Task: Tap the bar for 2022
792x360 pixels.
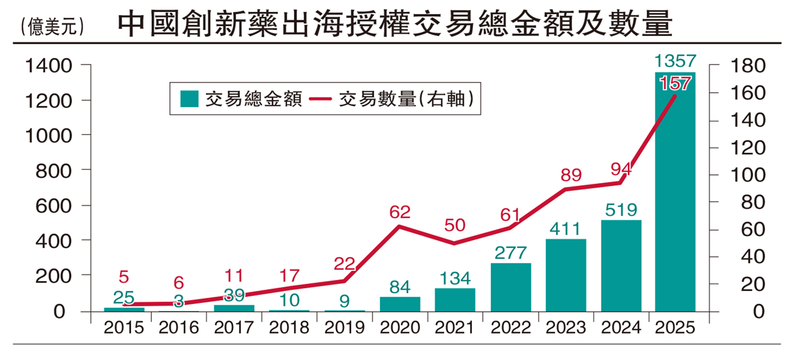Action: (x=511, y=287)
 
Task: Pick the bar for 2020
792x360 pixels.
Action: (x=400, y=304)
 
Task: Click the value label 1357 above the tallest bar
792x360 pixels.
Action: (x=675, y=61)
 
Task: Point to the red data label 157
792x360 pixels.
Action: (x=675, y=83)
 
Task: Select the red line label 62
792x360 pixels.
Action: (x=400, y=212)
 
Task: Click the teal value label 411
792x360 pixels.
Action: (x=566, y=229)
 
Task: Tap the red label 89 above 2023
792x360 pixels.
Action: (x=571, y=175)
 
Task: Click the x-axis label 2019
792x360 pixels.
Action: (x=344, y=328)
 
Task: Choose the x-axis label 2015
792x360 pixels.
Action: (x=124, y=328)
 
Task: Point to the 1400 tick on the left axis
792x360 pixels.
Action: (x=48, y=66)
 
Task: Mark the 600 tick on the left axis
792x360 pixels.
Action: (x=54, y=205)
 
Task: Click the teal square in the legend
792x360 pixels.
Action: (x=190, y=99)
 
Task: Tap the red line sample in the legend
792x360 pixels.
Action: (x=320, y=99)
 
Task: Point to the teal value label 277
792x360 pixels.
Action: (x=511, y=253)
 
